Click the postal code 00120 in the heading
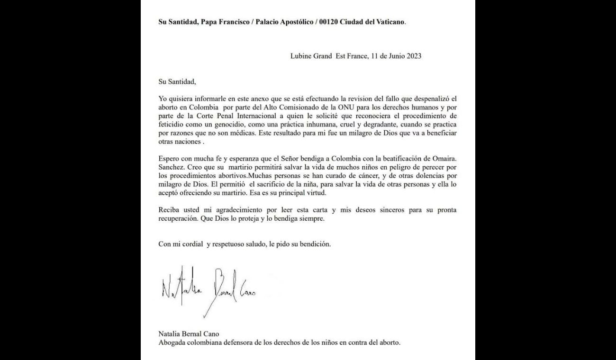[329, 22]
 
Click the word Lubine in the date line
[301, 56]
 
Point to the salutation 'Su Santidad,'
[177, 81]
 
